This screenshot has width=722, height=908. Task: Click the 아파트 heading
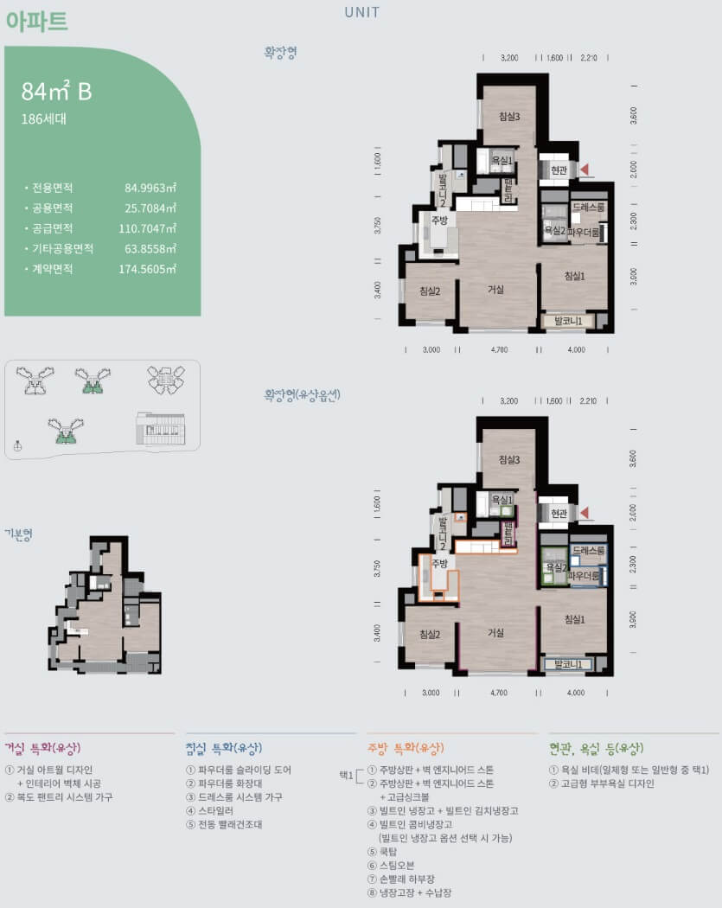click(36, 22)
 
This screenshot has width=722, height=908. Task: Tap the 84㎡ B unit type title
click(56, 91)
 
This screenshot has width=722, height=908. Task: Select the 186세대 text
click(43, 119)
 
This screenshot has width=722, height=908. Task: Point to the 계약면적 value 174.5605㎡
click(147, 269)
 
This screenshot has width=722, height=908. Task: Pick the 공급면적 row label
click(52, 228)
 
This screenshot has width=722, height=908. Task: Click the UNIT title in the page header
click(361, 12)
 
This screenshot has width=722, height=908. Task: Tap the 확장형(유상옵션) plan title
click(303, 395)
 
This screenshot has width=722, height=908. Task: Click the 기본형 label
click(19, 534)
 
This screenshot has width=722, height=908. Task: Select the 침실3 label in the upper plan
click(509, 118)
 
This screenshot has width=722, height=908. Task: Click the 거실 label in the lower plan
click(495, 633)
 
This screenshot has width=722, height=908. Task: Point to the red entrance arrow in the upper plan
click(585, 170)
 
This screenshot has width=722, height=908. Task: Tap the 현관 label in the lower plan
click(559, 514)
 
